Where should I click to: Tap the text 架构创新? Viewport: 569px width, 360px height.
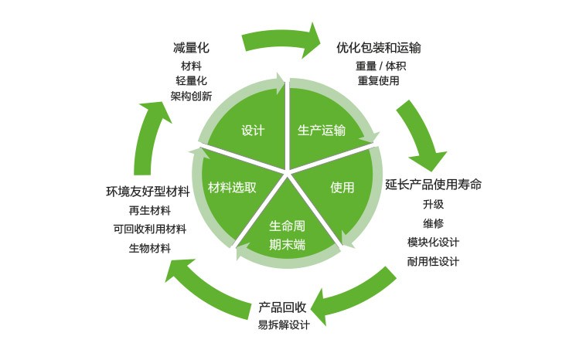pyautogui.click(x=191, y=97)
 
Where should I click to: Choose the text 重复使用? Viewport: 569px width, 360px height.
pyautogui.click(x=378, y=80)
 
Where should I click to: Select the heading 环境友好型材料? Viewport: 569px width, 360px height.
pyautogui.click(x=148, y=192)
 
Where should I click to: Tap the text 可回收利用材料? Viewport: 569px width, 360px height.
pyautogui.click(x=149, y=229)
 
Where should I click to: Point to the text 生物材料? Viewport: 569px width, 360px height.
pyautogui.click(x=149, y=248)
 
